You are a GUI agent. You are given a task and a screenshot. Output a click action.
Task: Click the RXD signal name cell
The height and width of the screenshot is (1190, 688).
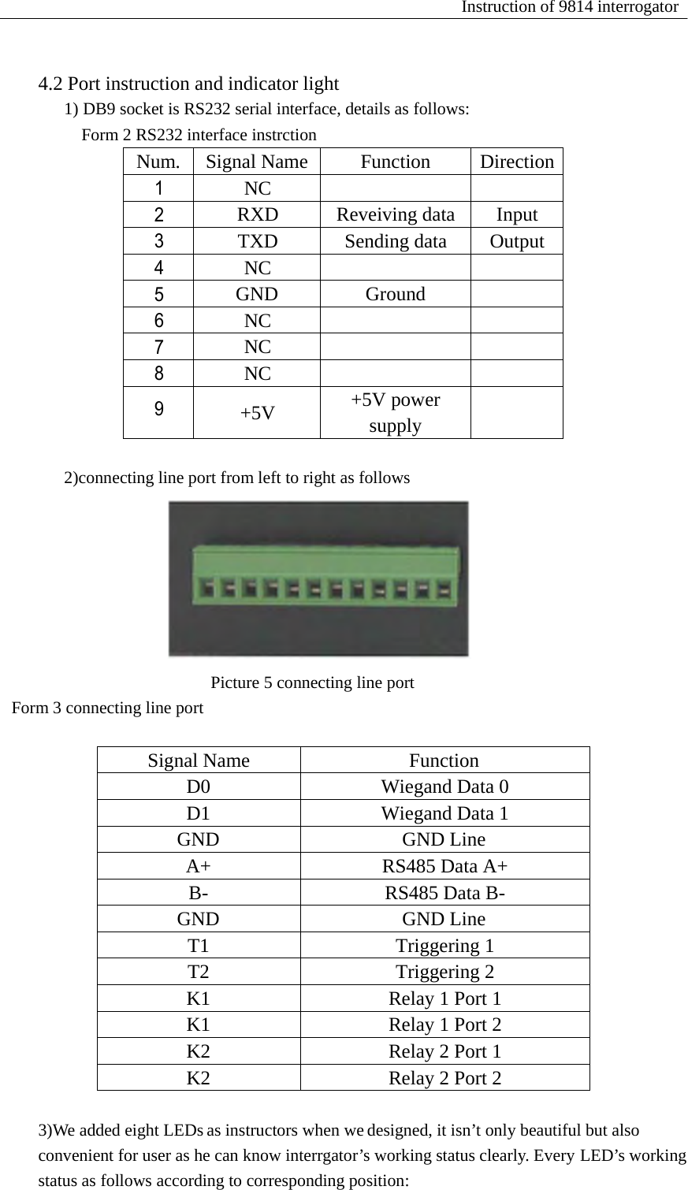point(257,214)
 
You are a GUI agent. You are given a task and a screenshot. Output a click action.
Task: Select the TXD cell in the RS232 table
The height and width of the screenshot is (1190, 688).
point(257,241)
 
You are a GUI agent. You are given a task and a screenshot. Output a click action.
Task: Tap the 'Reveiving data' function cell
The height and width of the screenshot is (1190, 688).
point(396,214)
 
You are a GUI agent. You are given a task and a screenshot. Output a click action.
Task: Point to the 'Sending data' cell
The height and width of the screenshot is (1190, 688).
point(396,241)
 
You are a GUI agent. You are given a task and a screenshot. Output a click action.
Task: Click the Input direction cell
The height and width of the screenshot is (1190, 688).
point(517,214)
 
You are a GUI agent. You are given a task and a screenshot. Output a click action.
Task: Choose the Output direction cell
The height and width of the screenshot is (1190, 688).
point(517,241)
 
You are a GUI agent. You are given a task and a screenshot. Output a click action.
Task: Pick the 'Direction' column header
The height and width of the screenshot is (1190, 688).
point(517,162)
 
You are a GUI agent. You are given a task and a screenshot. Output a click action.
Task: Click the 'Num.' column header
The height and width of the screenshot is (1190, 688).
point(158,162)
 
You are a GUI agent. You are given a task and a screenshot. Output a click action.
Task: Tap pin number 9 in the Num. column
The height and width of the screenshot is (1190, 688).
point(158,411)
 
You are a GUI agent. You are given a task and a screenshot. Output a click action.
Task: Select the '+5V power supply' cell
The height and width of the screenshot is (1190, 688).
point(396,412)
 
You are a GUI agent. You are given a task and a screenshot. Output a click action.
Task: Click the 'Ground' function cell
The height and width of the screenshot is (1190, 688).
point(396,294)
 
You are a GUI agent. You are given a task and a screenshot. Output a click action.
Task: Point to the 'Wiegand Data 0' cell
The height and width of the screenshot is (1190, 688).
point(444,787)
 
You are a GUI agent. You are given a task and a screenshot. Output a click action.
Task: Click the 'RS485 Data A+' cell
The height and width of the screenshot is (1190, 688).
point(444,866)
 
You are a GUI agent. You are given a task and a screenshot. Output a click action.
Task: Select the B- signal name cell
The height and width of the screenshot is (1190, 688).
point(199,893)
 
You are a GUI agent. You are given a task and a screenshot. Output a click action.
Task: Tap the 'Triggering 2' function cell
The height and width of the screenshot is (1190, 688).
point(444,972)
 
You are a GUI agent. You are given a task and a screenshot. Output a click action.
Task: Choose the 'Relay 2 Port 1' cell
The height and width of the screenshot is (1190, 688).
point(444,1051)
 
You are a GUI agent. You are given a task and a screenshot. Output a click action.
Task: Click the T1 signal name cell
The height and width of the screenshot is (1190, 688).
point(199,946)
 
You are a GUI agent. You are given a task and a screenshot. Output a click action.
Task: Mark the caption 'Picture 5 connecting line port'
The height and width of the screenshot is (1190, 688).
point(312,682)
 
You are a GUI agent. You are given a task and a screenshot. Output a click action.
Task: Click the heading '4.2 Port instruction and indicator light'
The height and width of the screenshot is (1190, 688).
point(189,84)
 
